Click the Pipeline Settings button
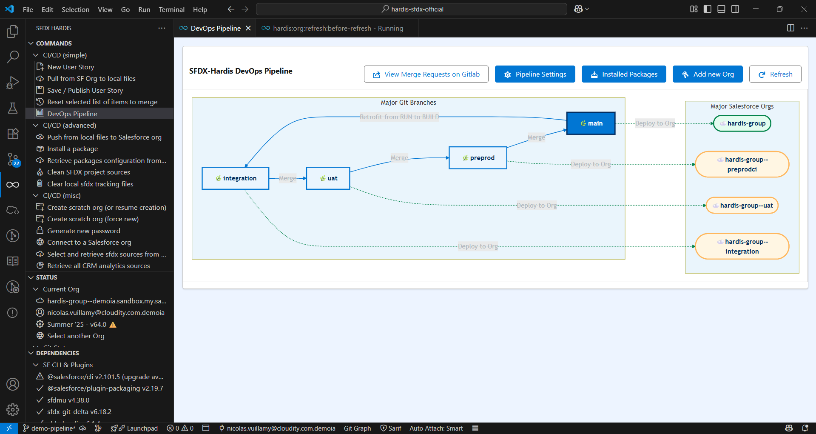[535, 74]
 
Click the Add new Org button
[708, 74]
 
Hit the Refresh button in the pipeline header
[775, 74]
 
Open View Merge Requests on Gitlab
[426, 74]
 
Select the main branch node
[591, 123]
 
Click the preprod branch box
[478, 158]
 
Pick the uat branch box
[328, 178]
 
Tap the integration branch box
[236, 178]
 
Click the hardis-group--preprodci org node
[742, 164]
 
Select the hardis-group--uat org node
[742, 206]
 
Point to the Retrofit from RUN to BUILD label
[399, 117]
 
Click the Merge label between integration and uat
[287, 178]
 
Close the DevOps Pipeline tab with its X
[248, 28]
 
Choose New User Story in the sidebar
[71, 67]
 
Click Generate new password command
[83, 231]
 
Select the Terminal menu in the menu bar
[171, 9]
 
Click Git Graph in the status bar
[357, 428]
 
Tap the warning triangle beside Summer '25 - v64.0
[113, 325]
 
